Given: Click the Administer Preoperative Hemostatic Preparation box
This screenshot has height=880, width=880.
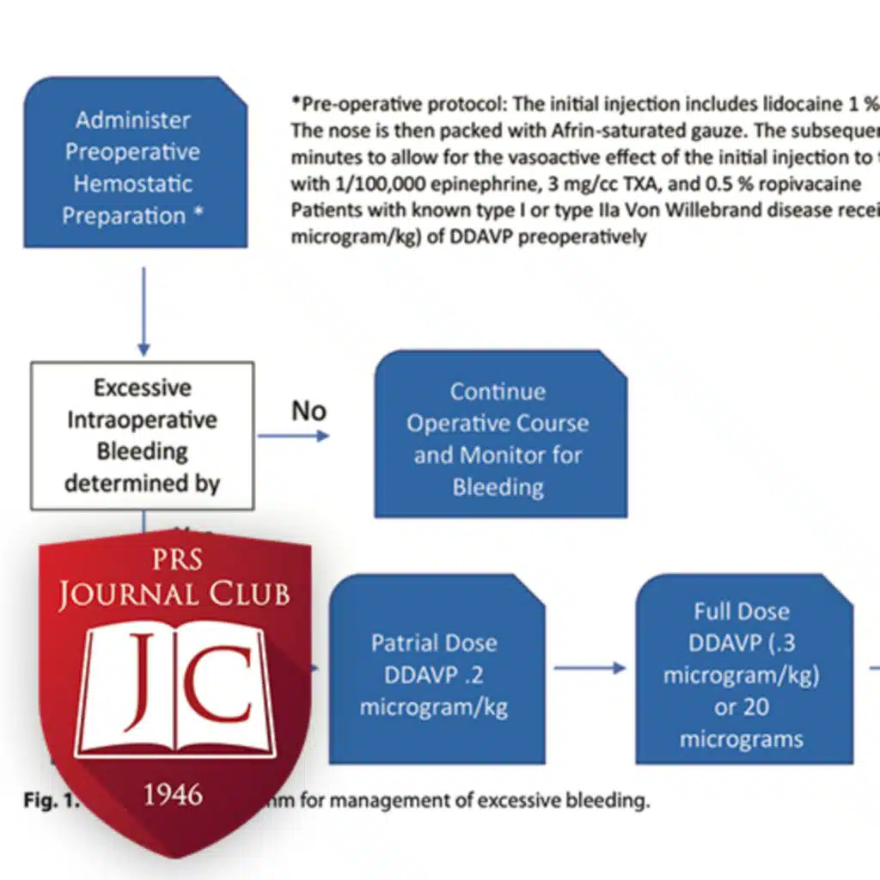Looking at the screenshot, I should point(135,167).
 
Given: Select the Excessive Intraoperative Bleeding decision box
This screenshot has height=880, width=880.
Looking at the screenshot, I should point(143,436).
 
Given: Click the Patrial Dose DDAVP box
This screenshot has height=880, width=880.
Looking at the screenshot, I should point(435,675).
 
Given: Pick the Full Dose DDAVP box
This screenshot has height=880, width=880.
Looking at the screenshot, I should point(743,675).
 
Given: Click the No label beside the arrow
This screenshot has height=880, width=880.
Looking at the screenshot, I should point(309,411).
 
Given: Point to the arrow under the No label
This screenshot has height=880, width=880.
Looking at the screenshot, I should point(293,437).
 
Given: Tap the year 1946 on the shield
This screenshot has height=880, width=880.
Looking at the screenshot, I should point(174,795).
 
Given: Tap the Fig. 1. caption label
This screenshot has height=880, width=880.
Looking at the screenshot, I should point(49,802).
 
